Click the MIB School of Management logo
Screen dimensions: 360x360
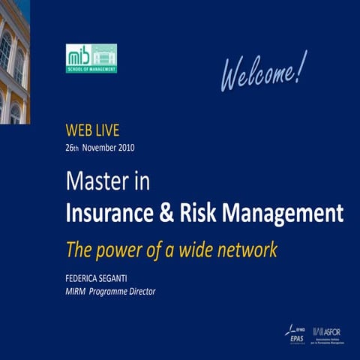91,58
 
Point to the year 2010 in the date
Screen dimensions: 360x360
125,148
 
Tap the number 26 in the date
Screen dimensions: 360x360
70,148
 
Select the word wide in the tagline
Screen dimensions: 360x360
190,249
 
